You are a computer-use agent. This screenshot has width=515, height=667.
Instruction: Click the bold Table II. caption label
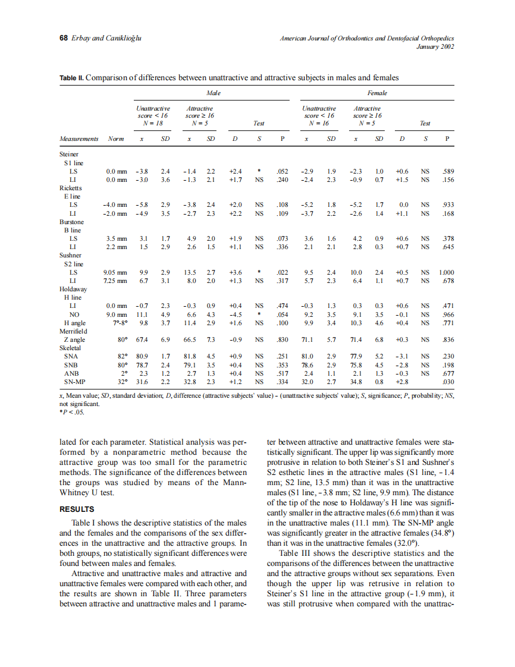click(x=72, y=78)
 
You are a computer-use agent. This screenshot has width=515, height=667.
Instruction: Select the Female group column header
click(x=378, y=93)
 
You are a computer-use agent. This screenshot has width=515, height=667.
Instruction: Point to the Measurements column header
click(x=79, y=139)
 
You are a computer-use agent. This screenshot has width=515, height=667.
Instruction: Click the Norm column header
click(x=115, y=139)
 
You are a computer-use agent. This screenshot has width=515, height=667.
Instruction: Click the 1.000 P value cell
click(x=446, y=272)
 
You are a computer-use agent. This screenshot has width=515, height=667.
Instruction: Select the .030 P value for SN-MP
click(x=448, y=381)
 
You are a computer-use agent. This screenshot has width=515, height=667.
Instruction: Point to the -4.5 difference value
click(x=235, y=314)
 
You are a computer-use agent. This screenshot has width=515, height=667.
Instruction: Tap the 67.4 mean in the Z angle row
click(x=142, y=339)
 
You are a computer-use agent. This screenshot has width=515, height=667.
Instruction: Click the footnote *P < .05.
click(x=72, y=410)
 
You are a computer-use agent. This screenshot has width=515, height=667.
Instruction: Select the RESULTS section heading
click(x=77, y=509)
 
